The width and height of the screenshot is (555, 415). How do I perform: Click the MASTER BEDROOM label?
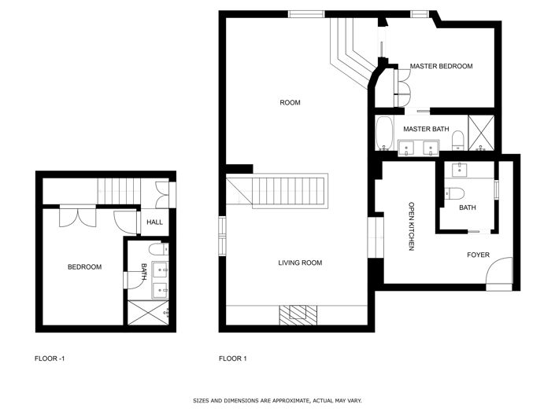pos(441,67)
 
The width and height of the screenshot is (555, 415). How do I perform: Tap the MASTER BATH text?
pos(425,128)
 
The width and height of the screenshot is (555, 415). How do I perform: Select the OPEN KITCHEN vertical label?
pos(411,227)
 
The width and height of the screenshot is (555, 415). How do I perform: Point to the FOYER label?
pos(478,255)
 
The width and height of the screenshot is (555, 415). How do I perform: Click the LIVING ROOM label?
pos(300,263)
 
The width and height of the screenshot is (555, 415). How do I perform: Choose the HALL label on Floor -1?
pos(154,222)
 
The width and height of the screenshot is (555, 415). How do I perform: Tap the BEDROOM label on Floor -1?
pos(84,267)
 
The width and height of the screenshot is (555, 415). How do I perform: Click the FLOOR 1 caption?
pos(233,359)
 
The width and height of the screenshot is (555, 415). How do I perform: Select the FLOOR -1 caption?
pos(50,359)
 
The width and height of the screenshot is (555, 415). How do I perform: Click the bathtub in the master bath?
pos(385,134)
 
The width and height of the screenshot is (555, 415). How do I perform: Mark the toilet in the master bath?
pos(457,141)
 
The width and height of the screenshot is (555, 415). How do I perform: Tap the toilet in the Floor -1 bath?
pos(156,250)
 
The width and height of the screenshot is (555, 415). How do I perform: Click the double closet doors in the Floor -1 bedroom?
pos(77,216)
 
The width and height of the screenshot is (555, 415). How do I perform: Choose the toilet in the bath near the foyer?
pos(456,193)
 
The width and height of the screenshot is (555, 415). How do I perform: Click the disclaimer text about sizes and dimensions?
pos(277,401)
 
